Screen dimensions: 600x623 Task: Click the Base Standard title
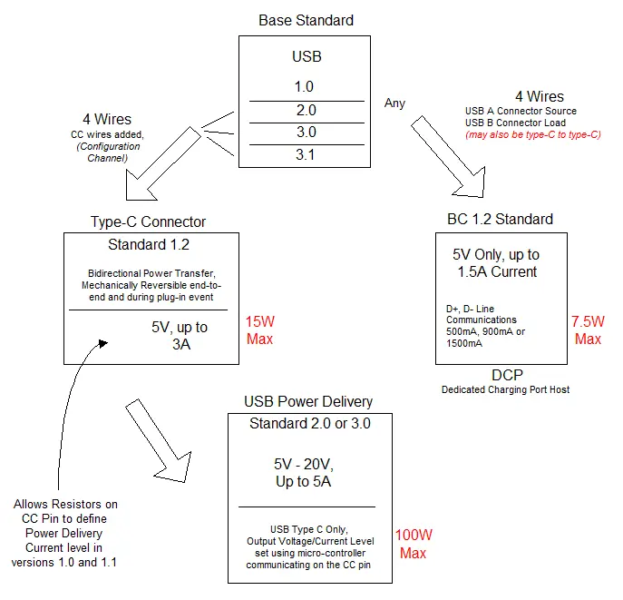coord(306,20)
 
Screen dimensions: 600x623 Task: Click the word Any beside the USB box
coord(394,103)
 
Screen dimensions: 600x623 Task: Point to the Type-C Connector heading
coord(148,221)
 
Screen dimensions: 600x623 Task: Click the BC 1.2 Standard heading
coord(500,219)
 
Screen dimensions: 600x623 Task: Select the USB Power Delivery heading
coord(308,401)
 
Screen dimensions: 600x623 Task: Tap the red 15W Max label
coord(259,330)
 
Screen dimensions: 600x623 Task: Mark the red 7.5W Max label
coord(588,330)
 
